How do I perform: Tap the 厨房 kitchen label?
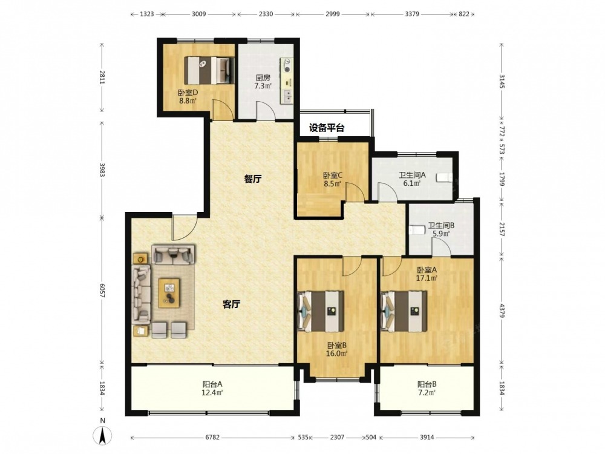(263, 77)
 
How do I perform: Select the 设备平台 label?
(327, 128)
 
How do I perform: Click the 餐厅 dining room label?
(253, 179)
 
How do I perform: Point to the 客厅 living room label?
(232, 304)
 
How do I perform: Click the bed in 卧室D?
(209, 70)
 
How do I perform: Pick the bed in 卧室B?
(321, 311)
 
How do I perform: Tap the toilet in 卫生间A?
(444, 177)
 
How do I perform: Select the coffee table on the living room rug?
(170, 293)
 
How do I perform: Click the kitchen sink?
(286, 96)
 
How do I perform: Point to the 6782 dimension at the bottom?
(212, 438)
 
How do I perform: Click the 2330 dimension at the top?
(266, 14)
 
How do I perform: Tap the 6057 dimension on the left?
(102, 291)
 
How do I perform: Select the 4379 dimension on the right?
(502, 311)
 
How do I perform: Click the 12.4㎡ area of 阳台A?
(212, 393)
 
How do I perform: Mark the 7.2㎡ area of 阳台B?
(427, 393)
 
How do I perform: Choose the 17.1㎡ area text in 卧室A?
(427, 278)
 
